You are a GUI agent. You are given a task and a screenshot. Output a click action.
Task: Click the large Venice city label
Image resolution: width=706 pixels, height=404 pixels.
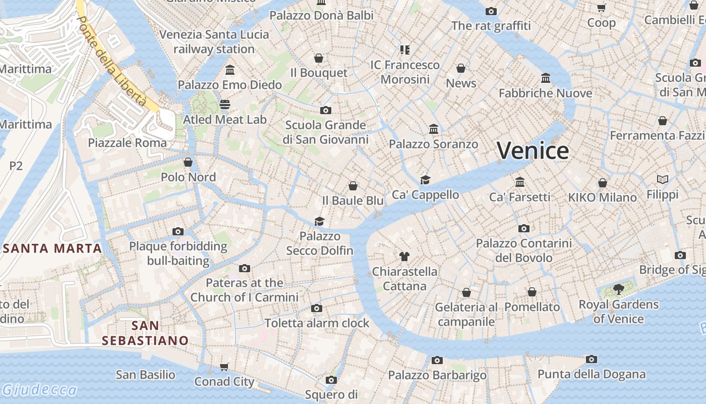click(x=533, y=150)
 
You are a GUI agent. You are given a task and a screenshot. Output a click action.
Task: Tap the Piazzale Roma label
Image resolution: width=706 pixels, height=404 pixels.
click(x=127, y=143)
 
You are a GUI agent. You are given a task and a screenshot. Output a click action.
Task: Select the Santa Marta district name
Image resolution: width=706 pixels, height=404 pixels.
click(x=52, y=248)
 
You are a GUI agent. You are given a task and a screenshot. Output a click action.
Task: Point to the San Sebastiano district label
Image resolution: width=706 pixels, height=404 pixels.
click(x=145, y=333)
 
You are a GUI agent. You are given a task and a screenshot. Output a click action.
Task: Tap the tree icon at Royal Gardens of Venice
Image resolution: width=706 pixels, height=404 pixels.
click(x=618, y=289)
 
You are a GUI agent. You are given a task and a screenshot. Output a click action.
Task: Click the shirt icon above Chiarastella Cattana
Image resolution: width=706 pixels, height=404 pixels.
click(x=404, y=256)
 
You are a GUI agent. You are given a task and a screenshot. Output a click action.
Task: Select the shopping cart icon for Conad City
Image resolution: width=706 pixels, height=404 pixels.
click(x=224, y=367)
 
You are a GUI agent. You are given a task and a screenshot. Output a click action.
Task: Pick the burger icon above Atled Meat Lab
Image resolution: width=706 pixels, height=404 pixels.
click(x=225, y=105)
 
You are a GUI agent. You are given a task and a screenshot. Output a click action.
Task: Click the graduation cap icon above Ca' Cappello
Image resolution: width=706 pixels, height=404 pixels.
click(x=426, y=180)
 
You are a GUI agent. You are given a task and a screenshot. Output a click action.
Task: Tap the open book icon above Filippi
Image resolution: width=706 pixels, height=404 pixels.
click(x=663, y=179)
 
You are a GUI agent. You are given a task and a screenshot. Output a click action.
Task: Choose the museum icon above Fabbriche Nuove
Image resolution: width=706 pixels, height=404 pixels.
click(x=546, y=78)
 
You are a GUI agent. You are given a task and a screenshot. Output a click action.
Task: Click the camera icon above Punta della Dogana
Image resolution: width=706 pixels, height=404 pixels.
click(x=592, y=359)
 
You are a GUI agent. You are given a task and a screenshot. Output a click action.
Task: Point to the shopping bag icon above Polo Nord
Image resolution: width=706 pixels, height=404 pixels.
click(x=188, y=162)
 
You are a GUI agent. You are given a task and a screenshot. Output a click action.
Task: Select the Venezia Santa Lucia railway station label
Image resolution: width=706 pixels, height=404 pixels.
click(x=214, y=42)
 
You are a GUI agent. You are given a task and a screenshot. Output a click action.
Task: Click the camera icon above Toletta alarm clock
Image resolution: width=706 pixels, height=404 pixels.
click(x=317, y=308)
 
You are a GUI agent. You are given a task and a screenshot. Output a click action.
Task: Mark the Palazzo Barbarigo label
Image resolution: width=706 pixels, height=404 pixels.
click(x=437, y=375)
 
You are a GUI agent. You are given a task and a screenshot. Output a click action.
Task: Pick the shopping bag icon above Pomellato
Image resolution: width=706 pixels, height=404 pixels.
click(x=532, y=292)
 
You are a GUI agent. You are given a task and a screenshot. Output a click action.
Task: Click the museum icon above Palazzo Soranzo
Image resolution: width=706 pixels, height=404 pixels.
click(x=434, y=129)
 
